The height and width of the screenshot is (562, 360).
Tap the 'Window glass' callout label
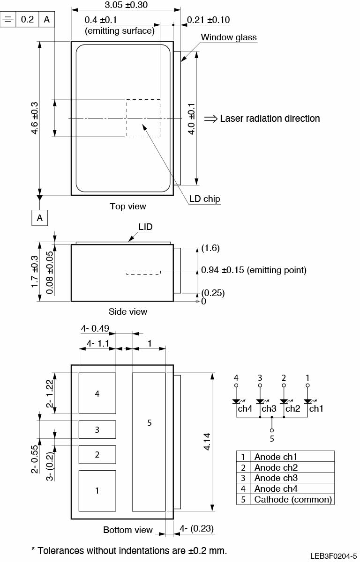229,37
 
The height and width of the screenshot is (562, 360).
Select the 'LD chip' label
205,199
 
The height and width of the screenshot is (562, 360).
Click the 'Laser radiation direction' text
270,118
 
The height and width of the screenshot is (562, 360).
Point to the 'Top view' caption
128,207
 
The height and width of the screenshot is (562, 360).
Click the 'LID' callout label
145,227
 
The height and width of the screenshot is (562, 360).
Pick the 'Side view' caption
128,311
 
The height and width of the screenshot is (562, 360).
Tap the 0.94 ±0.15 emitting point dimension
253,270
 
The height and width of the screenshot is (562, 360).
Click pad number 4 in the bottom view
97,394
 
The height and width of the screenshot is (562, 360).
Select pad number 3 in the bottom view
97,429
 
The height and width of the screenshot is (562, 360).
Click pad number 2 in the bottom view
97,454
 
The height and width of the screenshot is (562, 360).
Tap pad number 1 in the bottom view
97,491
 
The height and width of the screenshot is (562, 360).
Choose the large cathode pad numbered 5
150,423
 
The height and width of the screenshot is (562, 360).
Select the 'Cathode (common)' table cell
293,499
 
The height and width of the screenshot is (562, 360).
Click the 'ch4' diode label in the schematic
245,408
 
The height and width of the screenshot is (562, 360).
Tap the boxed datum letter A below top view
40,218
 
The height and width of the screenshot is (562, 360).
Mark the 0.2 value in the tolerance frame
28,20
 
